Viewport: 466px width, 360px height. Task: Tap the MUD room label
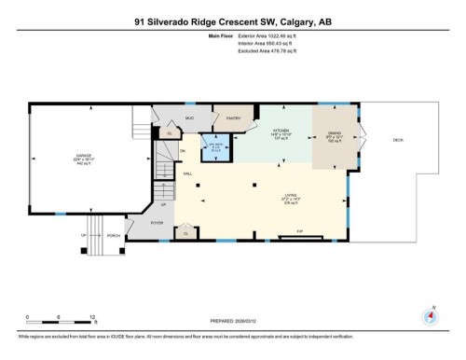188,119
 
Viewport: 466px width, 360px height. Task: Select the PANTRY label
233,118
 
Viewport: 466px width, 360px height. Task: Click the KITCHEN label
281,131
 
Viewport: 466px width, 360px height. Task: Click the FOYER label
157,223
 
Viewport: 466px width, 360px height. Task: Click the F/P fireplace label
300,229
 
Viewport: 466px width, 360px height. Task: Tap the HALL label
187,173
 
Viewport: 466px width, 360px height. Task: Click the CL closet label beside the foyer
187,233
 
